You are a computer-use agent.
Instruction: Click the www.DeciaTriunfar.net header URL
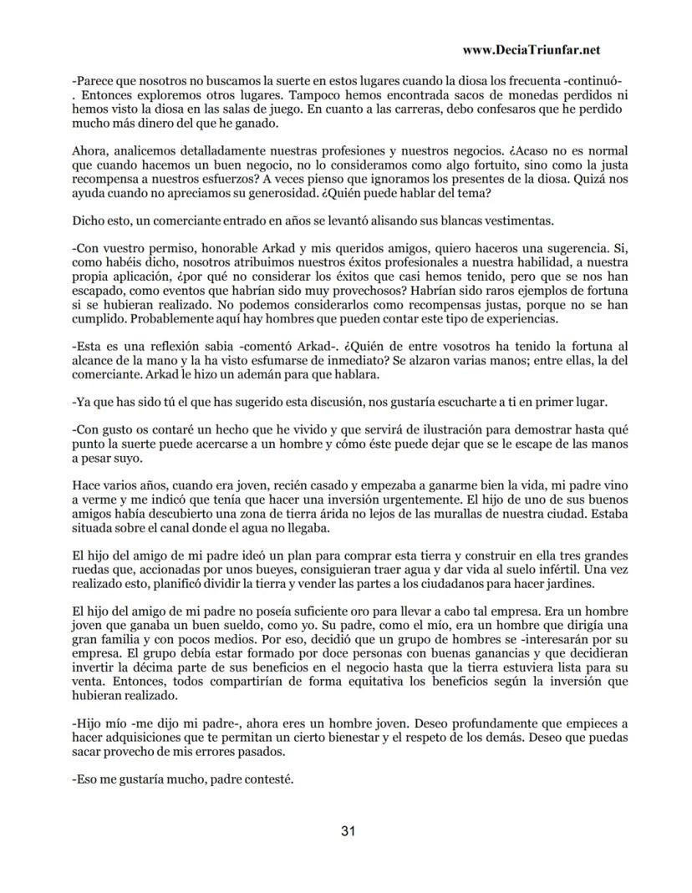[x=531, y=50]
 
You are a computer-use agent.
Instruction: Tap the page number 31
[x=349, y=831]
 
